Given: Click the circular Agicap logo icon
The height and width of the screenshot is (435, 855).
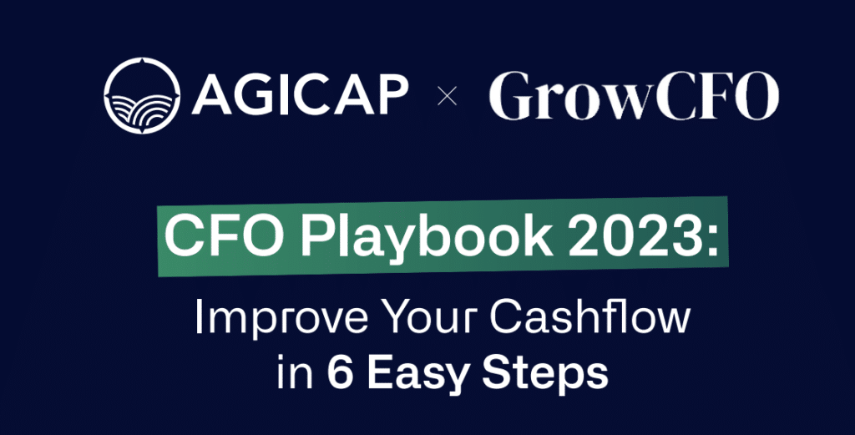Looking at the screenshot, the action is pos(142,95).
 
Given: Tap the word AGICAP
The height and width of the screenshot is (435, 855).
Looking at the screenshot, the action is pos(300,96).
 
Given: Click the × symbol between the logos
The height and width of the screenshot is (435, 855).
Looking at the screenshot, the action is pos(448,98).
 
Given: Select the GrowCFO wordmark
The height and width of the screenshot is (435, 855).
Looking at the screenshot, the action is pos(634,97).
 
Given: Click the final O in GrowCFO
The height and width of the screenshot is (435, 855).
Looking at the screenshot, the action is pos(756,97).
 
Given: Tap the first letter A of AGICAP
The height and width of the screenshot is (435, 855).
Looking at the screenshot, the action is pos(211,96).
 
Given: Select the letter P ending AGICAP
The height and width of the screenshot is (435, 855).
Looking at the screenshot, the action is pos(391,95).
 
